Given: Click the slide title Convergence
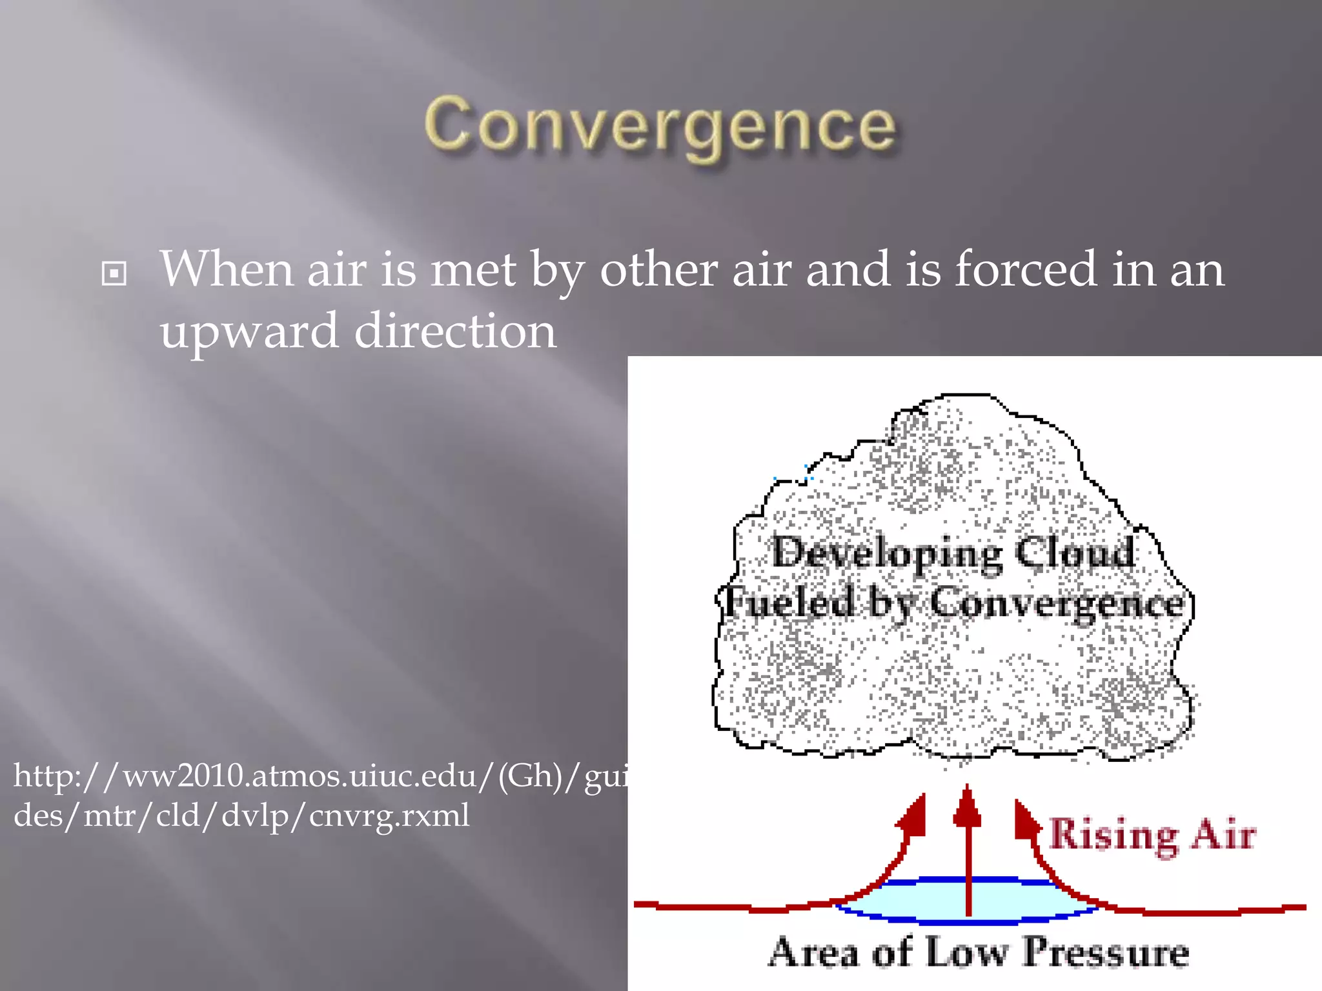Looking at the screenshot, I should pos(660,126).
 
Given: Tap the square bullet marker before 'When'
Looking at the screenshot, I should pos(114,274).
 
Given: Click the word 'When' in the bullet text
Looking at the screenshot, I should pos(229,270).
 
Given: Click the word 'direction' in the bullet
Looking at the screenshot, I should pos(455,331).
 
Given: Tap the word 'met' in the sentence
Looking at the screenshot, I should pos(473,270).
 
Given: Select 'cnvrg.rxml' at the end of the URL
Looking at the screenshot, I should pos(389,816).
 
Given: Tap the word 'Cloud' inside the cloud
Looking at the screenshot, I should pos(1074,552).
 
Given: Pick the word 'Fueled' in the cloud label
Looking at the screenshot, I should pos(788,602).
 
